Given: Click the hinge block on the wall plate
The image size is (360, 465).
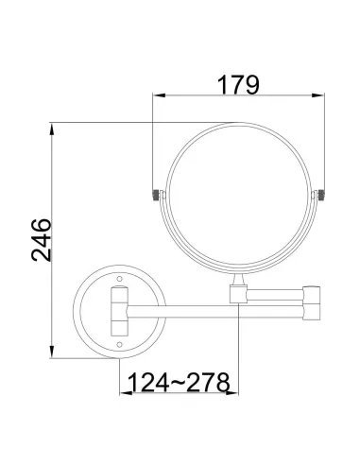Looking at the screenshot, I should pyautogui.click(x=119, y=312).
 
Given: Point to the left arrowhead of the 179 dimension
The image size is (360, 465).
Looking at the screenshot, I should pyautogui.click(x=159, y=96).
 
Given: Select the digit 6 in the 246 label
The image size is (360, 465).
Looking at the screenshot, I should pyautogui.click(x=40, y=224).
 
